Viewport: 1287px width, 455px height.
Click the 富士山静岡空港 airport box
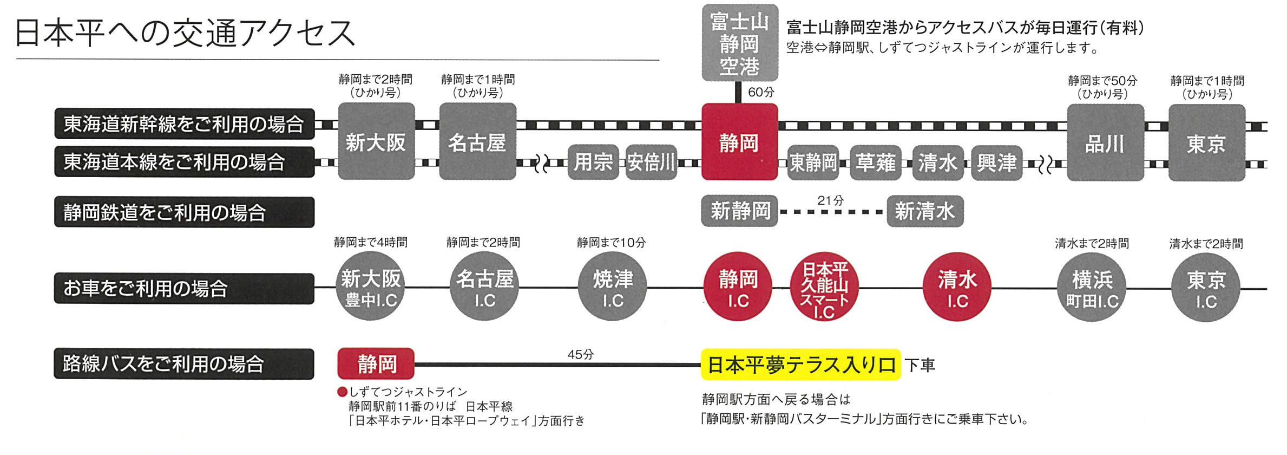739,43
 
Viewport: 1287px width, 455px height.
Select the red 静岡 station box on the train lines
739,142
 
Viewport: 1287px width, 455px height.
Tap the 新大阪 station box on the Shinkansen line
376,141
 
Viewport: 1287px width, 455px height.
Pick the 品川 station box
1105,143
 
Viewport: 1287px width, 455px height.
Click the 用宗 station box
594,162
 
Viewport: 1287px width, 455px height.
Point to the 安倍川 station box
651,162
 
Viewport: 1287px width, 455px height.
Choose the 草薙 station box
875,162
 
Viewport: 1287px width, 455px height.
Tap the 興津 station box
996,162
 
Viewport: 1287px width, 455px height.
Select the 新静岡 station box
739,211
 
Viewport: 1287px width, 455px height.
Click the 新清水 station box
925,211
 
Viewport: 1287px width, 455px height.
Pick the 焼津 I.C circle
613,287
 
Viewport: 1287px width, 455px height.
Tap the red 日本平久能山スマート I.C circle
824,288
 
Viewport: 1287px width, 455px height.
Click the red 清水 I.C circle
957,288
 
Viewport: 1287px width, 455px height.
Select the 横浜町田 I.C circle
1092,288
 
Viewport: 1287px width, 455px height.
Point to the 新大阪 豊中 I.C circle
371,287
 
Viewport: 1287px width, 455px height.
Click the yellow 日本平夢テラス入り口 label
801,365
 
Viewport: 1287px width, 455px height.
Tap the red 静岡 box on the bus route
376,363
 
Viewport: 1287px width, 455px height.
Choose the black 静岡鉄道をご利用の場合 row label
184,212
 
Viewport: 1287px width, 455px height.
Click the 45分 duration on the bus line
580,354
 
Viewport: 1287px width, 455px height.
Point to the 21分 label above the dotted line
830,200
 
